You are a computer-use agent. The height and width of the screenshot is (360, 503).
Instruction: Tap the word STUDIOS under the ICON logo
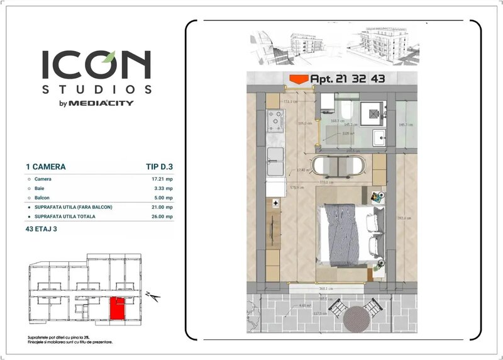[x=96, y=88]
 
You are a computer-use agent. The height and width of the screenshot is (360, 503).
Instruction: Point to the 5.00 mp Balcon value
[x=162, y=198]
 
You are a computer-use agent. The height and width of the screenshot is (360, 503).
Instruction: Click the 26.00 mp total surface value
[x=160, y=216]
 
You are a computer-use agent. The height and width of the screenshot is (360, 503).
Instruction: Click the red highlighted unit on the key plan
[x=116, y=309]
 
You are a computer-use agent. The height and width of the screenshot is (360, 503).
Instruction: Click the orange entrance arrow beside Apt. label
[x=298, y=79]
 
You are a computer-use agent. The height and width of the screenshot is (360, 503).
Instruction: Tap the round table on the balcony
[x=358, y=316]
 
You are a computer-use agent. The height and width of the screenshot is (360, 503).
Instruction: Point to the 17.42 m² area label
[x=304, y=170]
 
